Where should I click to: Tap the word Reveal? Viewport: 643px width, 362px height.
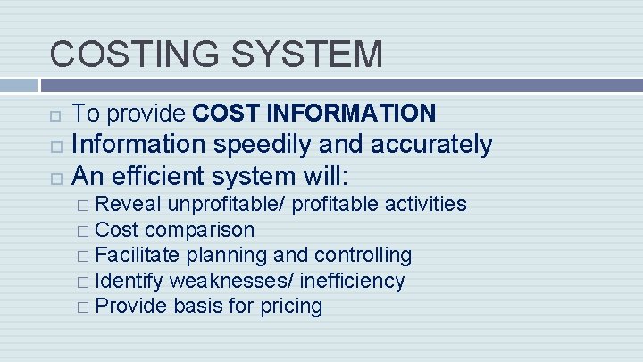click(129, 204)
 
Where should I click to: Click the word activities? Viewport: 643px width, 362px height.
click(424, 204)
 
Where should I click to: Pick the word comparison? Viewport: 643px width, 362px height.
click(200, 230)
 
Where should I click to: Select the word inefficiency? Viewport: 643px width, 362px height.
click(352, 282)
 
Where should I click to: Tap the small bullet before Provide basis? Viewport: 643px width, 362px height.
click(82, 307)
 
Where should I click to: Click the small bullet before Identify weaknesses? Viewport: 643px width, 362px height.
click(82, 282)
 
